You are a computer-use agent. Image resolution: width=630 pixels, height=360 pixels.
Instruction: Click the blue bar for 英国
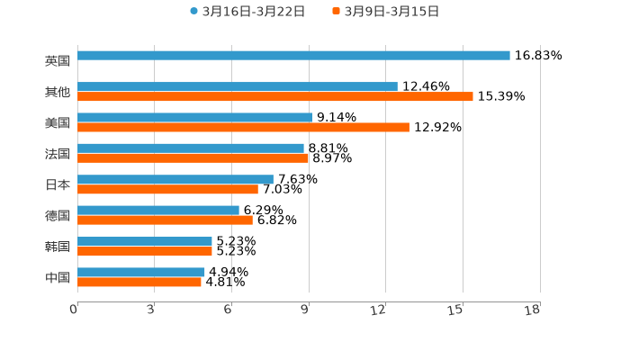pos(293,55)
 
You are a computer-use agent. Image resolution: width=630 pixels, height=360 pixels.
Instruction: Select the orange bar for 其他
pos(275,96)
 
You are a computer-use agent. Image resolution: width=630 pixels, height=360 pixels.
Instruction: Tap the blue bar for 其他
pos(238,86)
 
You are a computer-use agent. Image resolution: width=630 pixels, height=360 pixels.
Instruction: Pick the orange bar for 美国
pos(243,127)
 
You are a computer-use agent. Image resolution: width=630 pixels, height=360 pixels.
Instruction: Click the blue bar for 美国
pos(194,117)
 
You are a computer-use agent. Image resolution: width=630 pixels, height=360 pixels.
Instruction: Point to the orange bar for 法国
pos(193,157)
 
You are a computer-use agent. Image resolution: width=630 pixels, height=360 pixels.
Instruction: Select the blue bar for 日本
pos(175,179)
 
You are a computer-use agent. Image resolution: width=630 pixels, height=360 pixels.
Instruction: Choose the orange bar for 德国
pos(165,220)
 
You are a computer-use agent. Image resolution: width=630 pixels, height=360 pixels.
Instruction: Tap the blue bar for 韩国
pos(145,241)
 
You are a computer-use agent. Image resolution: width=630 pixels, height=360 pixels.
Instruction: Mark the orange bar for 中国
pos(139,282)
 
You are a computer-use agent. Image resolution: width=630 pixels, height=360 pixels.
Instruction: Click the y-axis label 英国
pos(58,60)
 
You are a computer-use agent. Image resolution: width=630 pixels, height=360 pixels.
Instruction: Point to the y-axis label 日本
pos(58,184)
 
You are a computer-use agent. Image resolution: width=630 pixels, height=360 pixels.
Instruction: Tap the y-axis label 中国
pos(58,277)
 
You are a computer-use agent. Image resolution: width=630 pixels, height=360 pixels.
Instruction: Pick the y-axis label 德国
pos(58,215)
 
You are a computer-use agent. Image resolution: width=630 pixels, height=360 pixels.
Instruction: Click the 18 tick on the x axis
pos(533,310)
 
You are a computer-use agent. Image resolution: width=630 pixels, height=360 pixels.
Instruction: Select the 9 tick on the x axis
pos(306,310)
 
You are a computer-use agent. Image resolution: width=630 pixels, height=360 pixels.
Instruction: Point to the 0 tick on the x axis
pos(74,310)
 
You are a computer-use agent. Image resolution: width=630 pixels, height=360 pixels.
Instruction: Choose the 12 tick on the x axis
pos(379,310)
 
